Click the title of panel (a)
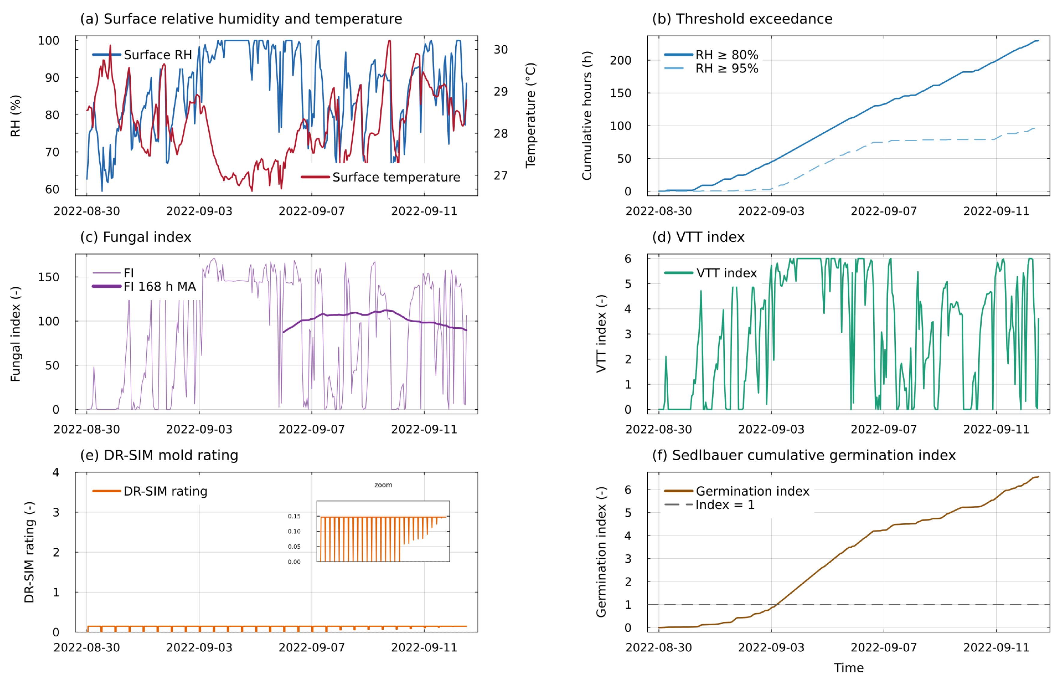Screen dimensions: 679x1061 pyautogui.click(x=241, y=19)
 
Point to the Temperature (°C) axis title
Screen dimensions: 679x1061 pyautogui.click(x=530, y=115)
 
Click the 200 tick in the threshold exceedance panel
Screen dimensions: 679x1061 pyautogui.click(x=620, y=60)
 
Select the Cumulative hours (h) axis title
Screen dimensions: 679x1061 pyautogui.click(x=587, y=115)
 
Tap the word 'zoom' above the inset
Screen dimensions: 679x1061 pyautogui.click(x=383, y=485)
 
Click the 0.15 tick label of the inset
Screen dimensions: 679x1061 pyautogui.click(x=294, y=516)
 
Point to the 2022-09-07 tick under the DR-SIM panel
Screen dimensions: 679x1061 pyautogui.click(x=311, y=648)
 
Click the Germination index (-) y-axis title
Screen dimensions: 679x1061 pyautogui.click(x=601, y=552)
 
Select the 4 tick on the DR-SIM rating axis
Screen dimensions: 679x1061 pyautogui.click(x=56, y=473)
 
